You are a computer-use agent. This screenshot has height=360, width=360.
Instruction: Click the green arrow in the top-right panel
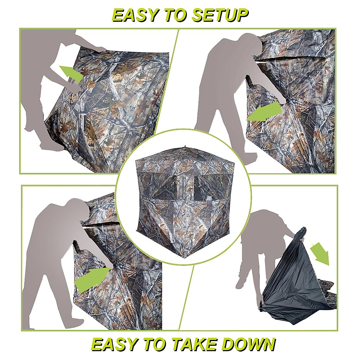pos(264,112)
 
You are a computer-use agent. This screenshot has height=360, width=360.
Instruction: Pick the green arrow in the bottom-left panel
pos(91,277)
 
